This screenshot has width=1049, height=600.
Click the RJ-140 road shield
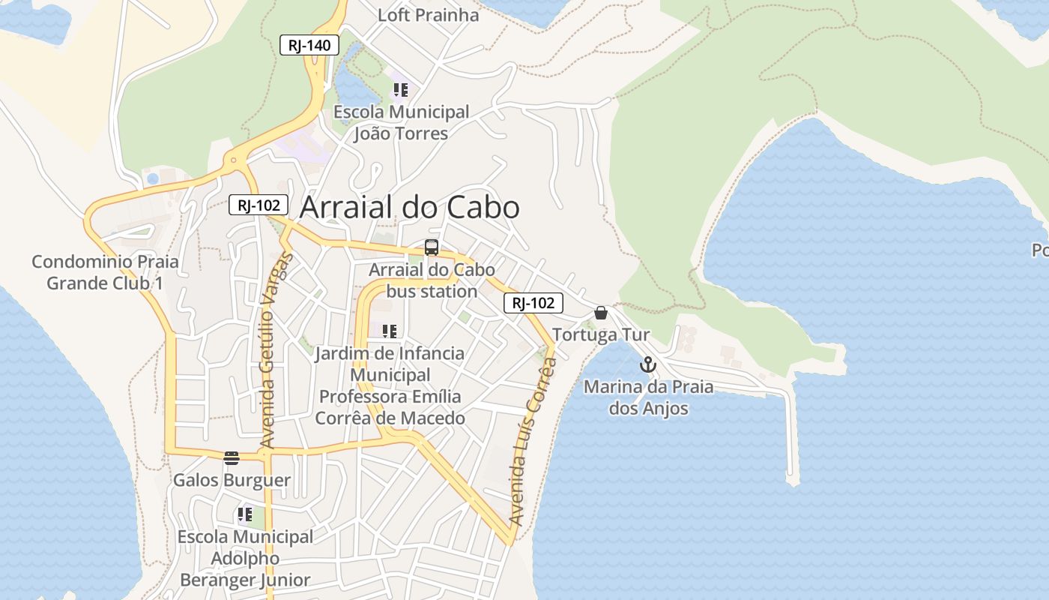[309, 45]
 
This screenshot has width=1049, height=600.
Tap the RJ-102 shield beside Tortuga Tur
[533, 303]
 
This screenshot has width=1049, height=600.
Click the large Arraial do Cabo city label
[409, 208]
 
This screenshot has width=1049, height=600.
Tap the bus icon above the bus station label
[432, 247]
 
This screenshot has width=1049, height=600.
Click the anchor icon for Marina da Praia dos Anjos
[647, 365]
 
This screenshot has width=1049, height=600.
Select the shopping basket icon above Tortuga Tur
[600, 313]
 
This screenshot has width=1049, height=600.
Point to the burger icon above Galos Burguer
[232, 457]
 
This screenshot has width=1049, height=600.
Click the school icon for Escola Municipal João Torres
[401, 91]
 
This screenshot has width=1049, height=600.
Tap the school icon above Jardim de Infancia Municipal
[389, 331]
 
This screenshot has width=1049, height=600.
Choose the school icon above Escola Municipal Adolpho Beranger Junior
[245, 514]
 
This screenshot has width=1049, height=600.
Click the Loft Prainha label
[428, 15]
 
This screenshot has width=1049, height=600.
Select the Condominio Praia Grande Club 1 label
[105, 272]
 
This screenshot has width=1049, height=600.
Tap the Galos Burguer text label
[232, 480]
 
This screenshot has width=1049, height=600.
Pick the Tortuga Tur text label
[601, 334]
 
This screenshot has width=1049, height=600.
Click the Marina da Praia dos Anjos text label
[648, 397]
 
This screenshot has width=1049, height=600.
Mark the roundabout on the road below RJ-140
[234, 160]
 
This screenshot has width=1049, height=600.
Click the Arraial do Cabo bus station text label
[432, 280]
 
